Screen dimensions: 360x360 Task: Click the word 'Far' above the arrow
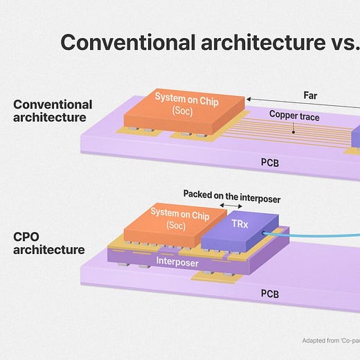pyautogui.click(x=310, y=96)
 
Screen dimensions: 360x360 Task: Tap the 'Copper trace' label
pyautogui.click(x=294, y=116)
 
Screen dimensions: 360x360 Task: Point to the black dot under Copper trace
pyautogui.click(x=294, y=132)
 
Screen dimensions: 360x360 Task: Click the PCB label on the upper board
pyautogui.click(x=270, y=163)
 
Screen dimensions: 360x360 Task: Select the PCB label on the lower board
pyautogui.click(x=270, y=294)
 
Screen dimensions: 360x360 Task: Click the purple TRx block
pyautogui.click(x=240, y=231)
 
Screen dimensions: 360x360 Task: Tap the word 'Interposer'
pyautogui.click(x=177, y=262)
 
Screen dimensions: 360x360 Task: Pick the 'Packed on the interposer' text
pyautogui.click(x=232, y=197)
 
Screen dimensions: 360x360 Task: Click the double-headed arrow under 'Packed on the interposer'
pyautogui.click(x=231, y=206)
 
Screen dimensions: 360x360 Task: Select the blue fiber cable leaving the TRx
pyautogui.click(x=312, y=236)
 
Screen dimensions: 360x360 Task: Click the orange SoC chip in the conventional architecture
pyautogui.click(x=184, y=111)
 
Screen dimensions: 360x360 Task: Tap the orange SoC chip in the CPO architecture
pyautogui.click(x=175, y=225)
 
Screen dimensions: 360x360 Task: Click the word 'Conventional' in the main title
pyautogui.click(x=128, y=42)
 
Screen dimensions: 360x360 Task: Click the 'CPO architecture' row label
pyautogui.click(x=49, y=243)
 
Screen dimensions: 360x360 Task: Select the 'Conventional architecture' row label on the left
pyautogui.click(x=53, y=111)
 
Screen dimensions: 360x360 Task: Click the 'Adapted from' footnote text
pyautogui.click(x=331, y=341)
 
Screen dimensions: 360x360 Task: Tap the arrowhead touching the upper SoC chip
pyautogui.click(x=249, y=99)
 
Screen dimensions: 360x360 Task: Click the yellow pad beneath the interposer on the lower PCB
pyautogui.click(x=213, y=276)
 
